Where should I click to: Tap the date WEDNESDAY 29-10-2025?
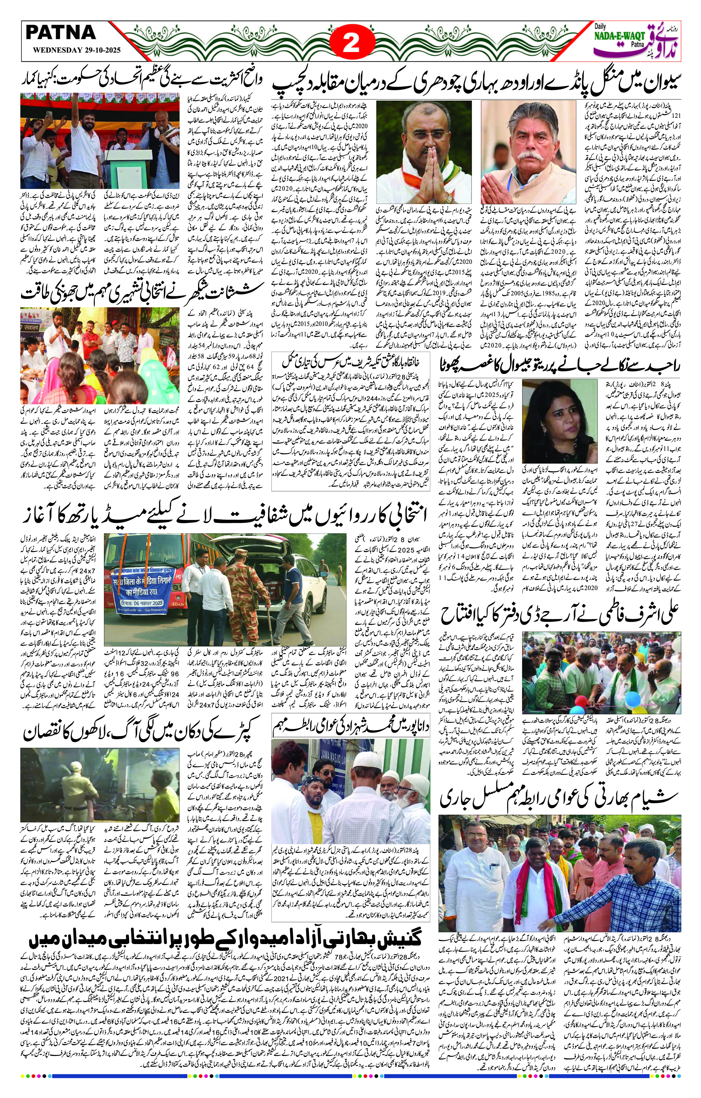coord(73,51)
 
